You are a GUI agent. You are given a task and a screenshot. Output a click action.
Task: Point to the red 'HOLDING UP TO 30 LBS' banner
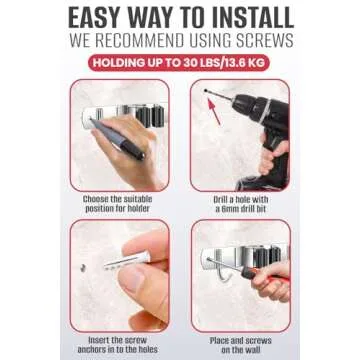[x=179, y=63]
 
